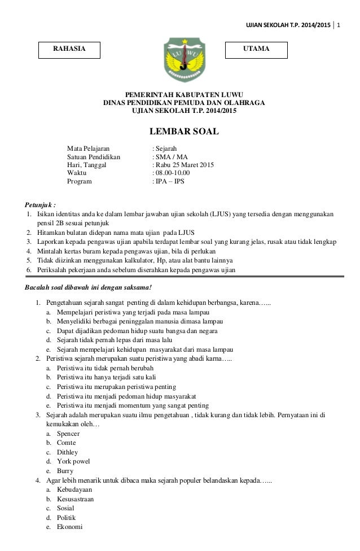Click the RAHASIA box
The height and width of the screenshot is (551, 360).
[x=70, y=49]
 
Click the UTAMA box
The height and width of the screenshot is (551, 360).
[x=256, y=49]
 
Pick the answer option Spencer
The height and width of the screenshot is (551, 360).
[x=68, y=433]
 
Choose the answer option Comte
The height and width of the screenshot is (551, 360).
[x=67, y=443]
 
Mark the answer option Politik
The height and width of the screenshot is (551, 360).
[x=66, y=517]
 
